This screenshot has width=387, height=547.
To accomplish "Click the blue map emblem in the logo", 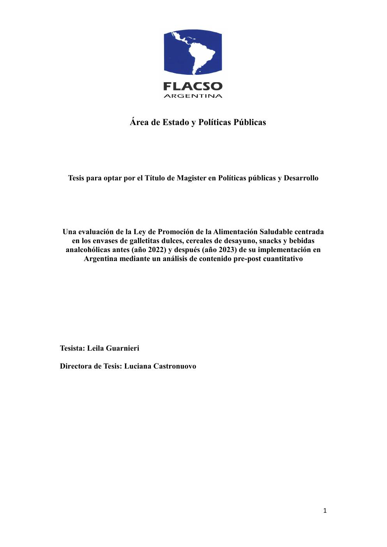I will coord(193,53).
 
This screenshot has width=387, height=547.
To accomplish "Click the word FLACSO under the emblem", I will coord(193,86).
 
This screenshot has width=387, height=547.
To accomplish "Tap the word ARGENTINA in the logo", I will coord(193,96).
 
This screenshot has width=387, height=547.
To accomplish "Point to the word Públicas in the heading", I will coord(250,122).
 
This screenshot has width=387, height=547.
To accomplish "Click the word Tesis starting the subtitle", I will coord(77,178).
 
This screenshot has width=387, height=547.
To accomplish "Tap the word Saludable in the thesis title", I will coord(276,232).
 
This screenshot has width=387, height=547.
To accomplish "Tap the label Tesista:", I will coord(72,348).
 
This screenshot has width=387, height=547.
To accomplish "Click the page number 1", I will coord(325,511).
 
